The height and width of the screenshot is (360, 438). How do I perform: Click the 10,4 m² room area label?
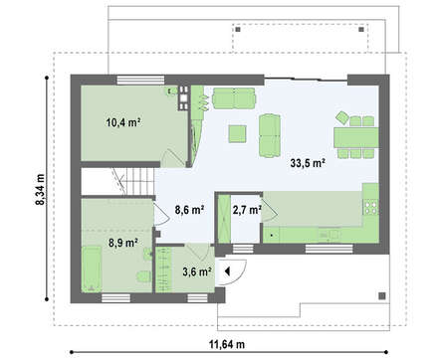(122, 122)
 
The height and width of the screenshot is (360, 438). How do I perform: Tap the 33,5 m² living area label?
(308, 163)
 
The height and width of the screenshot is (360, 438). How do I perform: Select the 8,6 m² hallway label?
(189, 210)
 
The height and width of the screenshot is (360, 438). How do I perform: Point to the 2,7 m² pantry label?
(247, 210)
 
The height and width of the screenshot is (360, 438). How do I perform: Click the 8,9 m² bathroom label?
(123, 243)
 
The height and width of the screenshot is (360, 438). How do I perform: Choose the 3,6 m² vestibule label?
(197, 271)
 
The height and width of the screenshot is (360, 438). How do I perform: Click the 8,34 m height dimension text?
(40, 189)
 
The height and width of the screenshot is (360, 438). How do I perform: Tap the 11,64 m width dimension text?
(227, 344)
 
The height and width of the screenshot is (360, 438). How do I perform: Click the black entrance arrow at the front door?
(227, 271)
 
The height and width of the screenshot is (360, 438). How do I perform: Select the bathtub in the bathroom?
(92, 269)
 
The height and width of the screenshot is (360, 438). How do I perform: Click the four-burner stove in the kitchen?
(371, 207)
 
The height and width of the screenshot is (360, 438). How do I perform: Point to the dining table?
(356, 137)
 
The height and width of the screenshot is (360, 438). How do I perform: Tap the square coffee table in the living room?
(237, 134)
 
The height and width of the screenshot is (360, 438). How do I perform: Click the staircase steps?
(135, 181)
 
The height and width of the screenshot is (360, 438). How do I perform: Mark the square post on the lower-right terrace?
(382, 296)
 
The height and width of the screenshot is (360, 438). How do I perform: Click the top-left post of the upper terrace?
(238, 30)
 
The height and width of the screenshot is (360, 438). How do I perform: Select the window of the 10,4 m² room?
(141, 81)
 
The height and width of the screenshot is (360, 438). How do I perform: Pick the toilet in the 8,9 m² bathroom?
(143, 276)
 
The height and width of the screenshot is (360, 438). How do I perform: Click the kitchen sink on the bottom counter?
(329, 235)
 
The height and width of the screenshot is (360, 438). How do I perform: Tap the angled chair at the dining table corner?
(342, 117)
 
